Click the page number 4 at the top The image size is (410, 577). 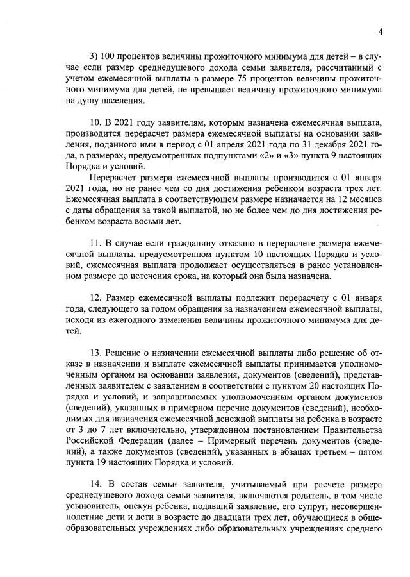(x=380, y=31)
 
